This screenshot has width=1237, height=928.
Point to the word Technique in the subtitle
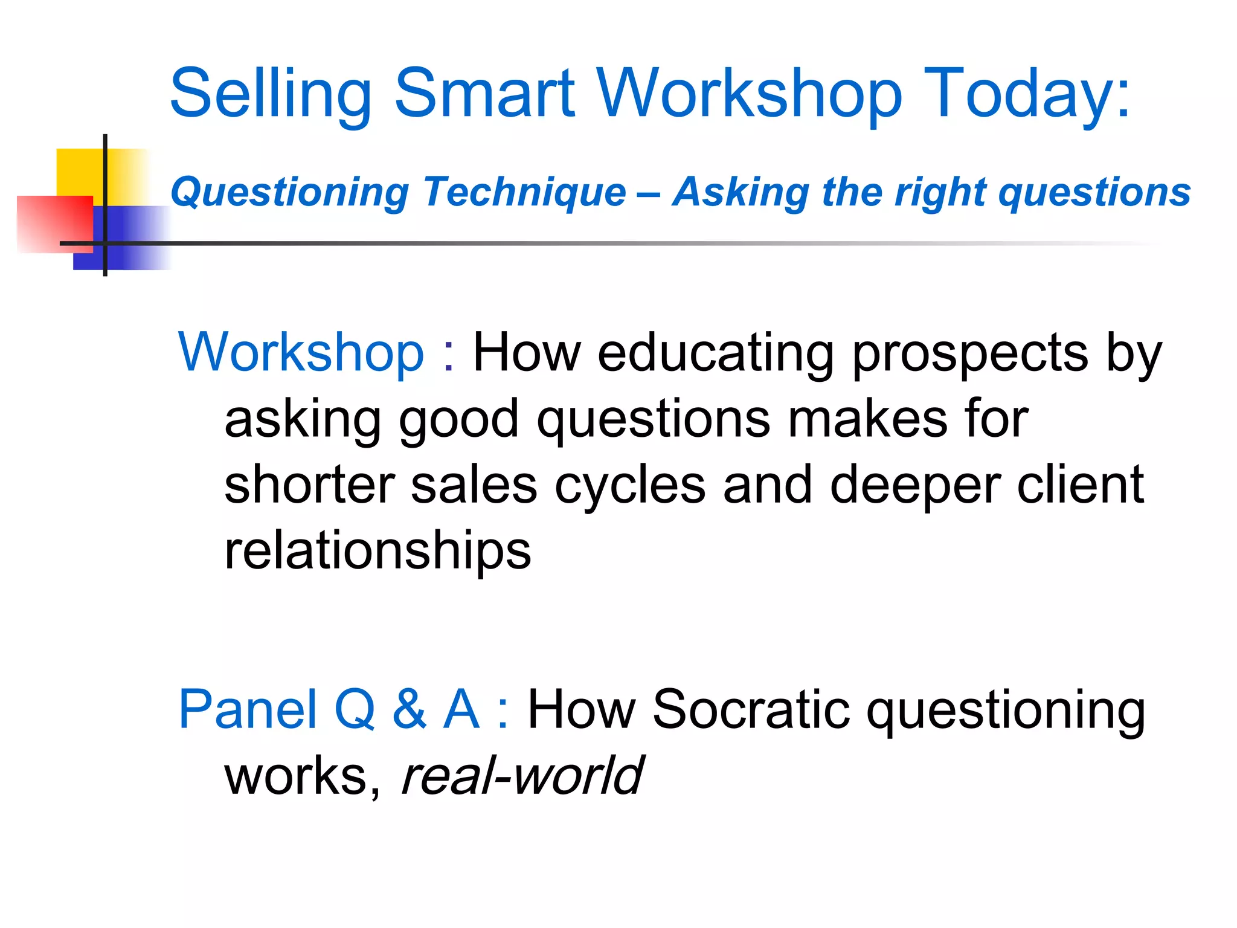pyautogui.click(x=524, y=193)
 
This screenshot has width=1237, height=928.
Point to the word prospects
pyautogui.click(x=969, y=354)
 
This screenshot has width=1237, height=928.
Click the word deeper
pyautogui.click(x=915, y=486)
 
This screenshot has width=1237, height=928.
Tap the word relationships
pyautogui.click(x=378, y=551)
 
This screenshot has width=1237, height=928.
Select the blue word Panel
pyautogui.click(x=248, y=709)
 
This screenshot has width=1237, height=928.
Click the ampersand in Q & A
pyautogui.click(x=410, y=709)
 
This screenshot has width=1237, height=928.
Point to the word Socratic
pyautogui.click(x=751, y=709)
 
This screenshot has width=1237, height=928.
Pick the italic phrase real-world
pyautogui.click(x=522, y=776)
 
